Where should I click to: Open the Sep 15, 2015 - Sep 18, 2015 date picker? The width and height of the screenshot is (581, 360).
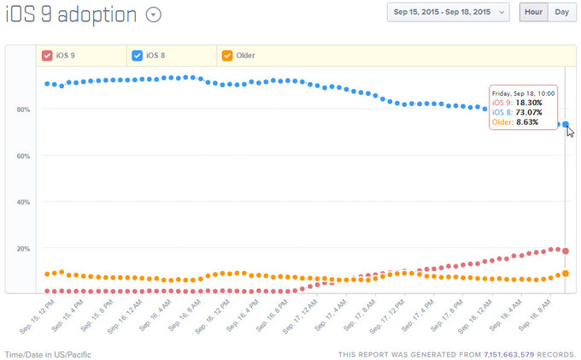pyautogui.click(x=448, y=12)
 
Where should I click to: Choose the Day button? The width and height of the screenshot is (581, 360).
pyautogui.click(x=561, y=12)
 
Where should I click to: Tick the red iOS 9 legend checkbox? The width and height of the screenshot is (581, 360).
pyautogui.click(x=48, y=56)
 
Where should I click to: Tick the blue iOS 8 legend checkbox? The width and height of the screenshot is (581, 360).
pyautogui.click(x=138, y=56)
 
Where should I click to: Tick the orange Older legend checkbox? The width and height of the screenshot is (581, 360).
pyautogui.click(x=227, y=56)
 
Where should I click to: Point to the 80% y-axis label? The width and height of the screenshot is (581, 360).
pyautogui.click(x=23, y=109)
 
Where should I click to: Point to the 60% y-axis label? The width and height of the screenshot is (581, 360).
pyautogui.click(x=23, y=156)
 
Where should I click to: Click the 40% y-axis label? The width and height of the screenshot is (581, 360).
pyautogui.click(x=23, y=203)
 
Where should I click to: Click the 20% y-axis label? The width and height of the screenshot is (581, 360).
pyautogui.click(x=23, y=249)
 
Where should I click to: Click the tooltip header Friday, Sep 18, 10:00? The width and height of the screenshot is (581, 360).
pyautogui.click(x=524, y=91)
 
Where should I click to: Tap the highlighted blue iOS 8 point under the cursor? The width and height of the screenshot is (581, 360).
pyautogui.click(x=566, y=125)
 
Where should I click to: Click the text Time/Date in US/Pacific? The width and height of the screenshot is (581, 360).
pyautogui.click(x=48, y=354)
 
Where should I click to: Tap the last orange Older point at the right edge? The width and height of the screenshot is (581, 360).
pyautogui.click(x=566, y=274)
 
